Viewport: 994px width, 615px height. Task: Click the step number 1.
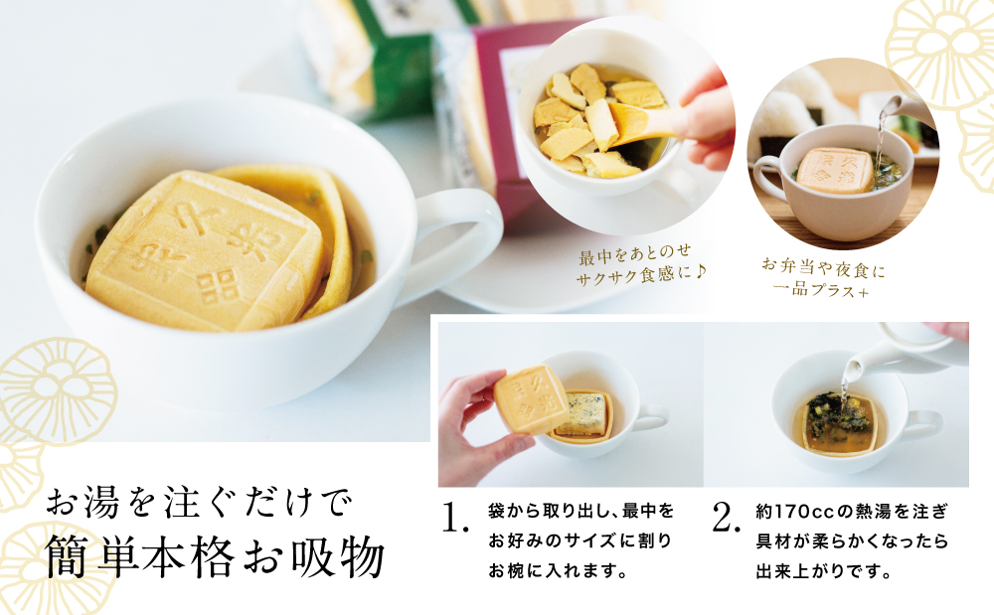(454, 518)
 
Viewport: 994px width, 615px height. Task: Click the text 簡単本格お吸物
(215, 557)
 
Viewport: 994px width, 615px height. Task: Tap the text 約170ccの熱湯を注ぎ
(853, 509)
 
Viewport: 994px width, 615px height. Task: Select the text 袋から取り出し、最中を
(580, 509)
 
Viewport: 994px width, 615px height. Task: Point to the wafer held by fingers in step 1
(532, 398)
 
